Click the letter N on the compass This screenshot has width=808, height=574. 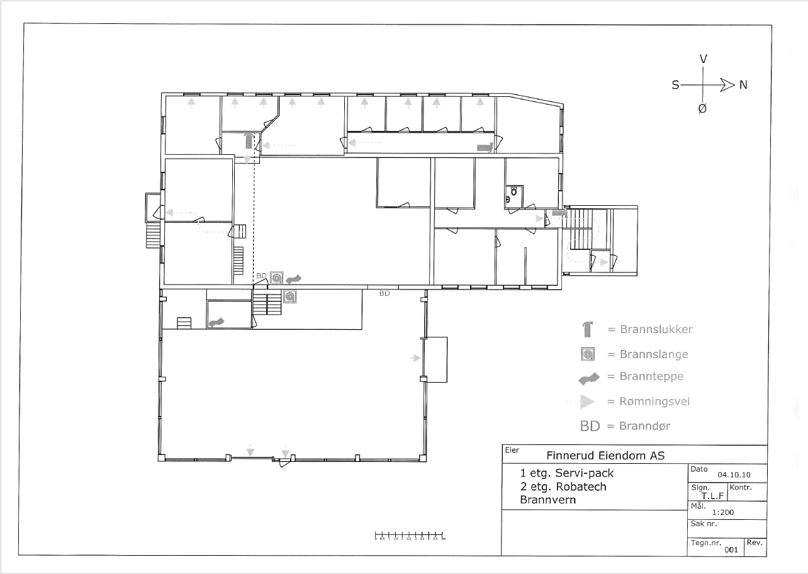point(743,84)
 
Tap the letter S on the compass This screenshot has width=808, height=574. point(675,84)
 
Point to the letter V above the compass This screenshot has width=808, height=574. point(704,59)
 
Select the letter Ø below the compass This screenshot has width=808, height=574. point(702,108)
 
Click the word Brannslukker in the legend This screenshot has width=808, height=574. point(656,329)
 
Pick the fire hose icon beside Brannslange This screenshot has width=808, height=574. point(588,354)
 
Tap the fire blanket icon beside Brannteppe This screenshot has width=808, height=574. point(588,378)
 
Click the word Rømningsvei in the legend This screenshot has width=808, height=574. point(655,402)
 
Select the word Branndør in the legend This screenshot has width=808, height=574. point(644,426)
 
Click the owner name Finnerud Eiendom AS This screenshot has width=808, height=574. point(605,456)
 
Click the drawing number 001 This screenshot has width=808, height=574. point(731,549)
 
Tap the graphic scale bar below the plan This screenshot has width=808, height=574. point(410,536)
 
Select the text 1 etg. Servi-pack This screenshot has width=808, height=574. point(566,473)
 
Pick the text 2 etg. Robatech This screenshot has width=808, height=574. point(563,487)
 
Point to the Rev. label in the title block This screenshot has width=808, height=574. point(755,542)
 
